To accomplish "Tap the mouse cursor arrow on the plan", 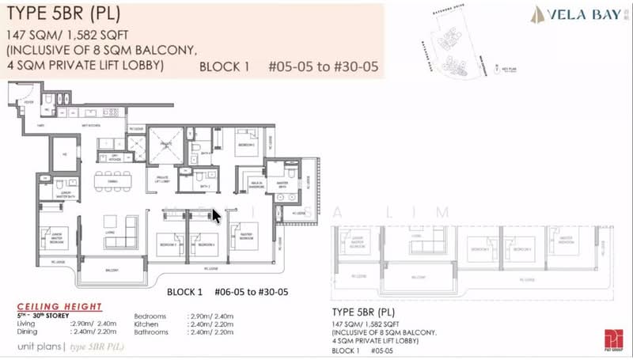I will click(x=216, y=215).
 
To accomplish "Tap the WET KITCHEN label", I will click(x=98, y=125).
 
